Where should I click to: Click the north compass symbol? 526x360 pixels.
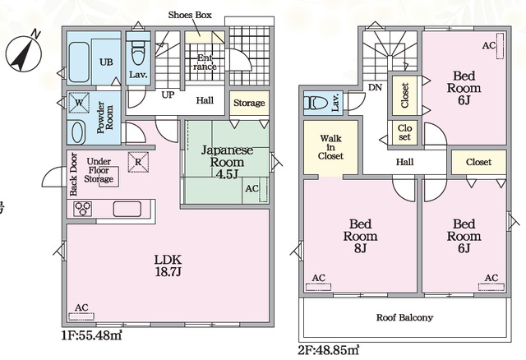pos(24,52)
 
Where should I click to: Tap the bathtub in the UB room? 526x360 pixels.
pos(79,62)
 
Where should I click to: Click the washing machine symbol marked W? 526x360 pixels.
pos(79,103)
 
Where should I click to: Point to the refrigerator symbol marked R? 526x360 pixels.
pos(138,162)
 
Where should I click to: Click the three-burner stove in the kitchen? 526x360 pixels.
pos(82,209)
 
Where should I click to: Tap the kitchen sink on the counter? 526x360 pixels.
pos(127,209)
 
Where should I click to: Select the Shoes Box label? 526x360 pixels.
pos(190,15)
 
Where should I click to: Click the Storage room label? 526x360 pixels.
pos(249,103)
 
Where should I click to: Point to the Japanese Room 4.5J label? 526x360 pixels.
pos(227,162)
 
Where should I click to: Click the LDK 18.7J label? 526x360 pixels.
pos(168,265)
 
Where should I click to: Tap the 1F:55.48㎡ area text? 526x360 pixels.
pos(91,335)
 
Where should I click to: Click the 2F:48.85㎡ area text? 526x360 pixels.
pos(329,350)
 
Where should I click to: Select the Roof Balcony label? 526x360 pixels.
pos(404,317)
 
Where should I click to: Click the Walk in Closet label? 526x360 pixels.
pos(330,147)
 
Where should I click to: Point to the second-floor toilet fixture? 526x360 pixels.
pos(316,103)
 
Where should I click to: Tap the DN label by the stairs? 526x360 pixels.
pos(375,88)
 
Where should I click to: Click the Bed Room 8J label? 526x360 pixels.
pos(360,236)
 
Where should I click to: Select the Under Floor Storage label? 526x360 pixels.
pos(99,170)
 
